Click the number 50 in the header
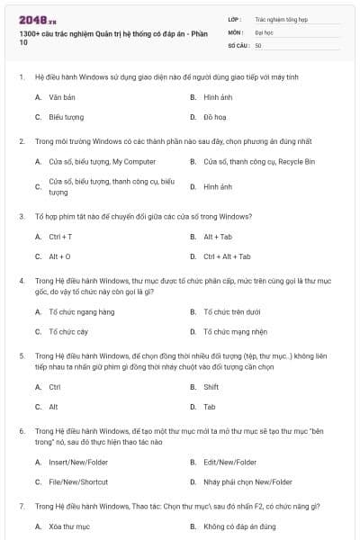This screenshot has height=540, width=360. [258, 44]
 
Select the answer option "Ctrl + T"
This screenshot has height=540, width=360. [60, 237]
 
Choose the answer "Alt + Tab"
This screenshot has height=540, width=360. [217, 237]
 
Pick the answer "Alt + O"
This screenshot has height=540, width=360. [59, 256]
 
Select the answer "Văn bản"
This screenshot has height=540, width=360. [62, 95]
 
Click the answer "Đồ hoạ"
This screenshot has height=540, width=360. [214, 117]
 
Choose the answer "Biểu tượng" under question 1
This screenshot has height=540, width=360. [67, 117]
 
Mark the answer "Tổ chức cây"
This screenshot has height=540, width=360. [68, 331]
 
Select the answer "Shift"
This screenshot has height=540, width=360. [211, 386]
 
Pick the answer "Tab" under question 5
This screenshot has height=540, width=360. [209, 407]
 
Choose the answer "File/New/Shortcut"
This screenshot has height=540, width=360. [77, 481]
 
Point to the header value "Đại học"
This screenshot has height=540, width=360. [265, 31]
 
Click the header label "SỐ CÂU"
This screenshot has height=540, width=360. [238, 44]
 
